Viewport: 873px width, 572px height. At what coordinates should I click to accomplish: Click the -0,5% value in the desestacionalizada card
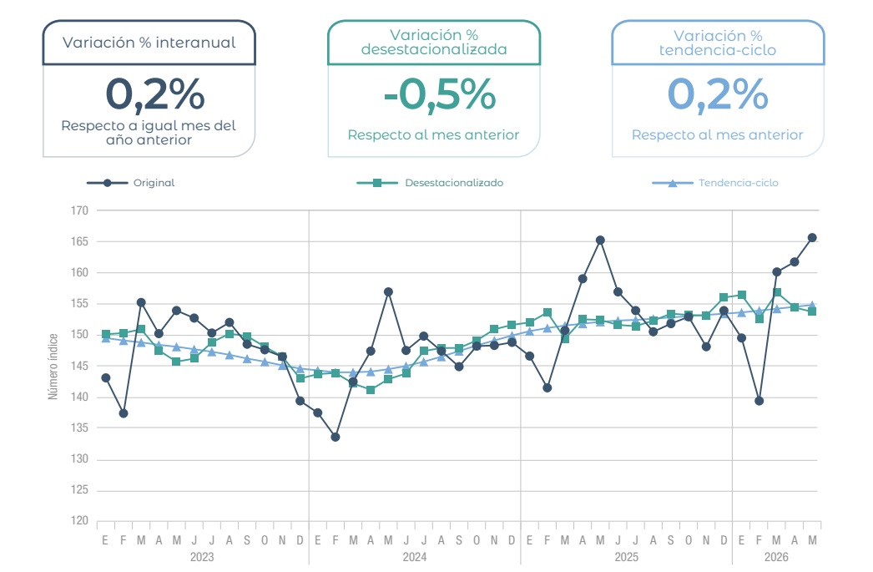click(439, 94)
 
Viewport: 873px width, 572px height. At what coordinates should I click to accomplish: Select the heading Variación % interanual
click(149, 43)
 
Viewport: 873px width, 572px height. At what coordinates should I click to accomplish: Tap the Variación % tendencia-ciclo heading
click(718, 43)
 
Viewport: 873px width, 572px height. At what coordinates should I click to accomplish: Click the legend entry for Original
click(131, 183)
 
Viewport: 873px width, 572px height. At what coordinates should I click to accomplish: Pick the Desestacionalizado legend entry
click(430, 183)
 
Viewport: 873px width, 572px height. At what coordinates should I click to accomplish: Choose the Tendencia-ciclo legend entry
click(715, 183)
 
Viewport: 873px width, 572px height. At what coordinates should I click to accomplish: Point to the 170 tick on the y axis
click(79, 210)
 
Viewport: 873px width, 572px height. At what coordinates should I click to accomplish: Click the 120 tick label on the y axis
click(79, 520)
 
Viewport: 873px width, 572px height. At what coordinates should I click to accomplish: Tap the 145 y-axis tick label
click(79, 366)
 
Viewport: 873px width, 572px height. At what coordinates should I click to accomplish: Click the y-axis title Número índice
click(53, 366)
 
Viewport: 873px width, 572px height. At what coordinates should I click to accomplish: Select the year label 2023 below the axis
click(202, 557)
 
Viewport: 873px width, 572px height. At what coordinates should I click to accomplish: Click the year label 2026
click(776, 557)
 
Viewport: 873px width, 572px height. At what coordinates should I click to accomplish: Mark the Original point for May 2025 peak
click(600, 240)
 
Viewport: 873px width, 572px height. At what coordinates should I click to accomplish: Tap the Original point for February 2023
click(124, 413)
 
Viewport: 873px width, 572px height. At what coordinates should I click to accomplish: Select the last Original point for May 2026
click(812, 238)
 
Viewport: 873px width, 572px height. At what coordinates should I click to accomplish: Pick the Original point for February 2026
click(759, 401)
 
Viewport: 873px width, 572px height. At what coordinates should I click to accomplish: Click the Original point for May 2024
click(389, 292)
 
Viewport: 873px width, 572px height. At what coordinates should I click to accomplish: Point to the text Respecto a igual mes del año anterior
click(149, 133)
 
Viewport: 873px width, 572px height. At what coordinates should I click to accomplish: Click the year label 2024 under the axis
click(415, 557)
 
